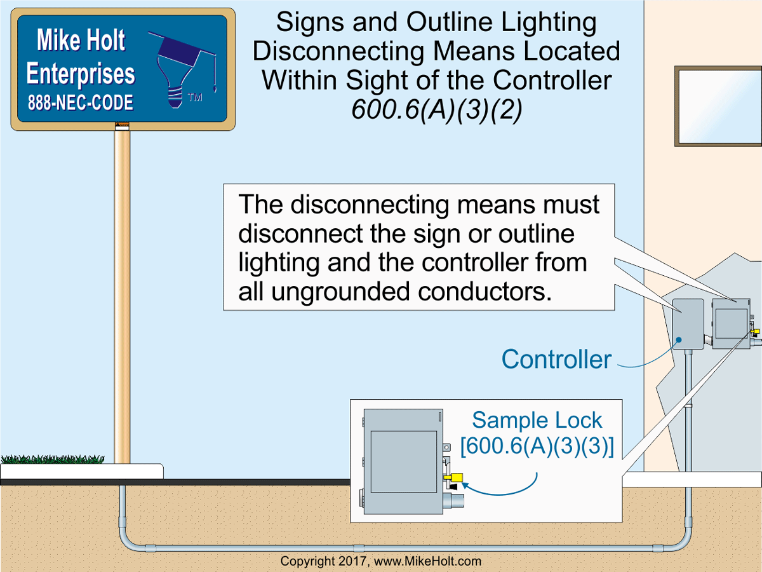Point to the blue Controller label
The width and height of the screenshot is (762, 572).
(556, 360)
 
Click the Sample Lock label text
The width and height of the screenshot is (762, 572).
(537, 420)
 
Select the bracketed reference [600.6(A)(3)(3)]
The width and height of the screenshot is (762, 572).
(537, 446)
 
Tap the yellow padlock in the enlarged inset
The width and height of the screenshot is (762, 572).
(454, 477)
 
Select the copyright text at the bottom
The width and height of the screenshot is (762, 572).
(381, 561)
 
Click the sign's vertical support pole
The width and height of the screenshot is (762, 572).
(122, 292)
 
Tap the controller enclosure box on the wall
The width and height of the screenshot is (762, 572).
(688, 324)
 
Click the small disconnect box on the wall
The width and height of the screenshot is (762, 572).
(732, 323)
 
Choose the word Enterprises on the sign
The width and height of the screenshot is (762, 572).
(81, 74)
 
